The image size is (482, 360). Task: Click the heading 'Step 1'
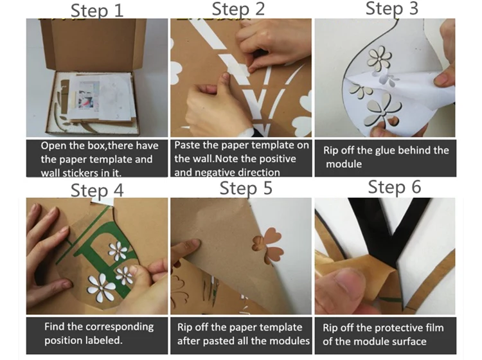click(x=97, y=10)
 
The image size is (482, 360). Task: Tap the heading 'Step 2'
click(x=238, y=9)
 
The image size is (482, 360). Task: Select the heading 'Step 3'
click(x=392, y=8)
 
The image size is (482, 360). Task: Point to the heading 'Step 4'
click(x=97, y=190)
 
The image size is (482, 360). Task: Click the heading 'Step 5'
click(x=246, y=188)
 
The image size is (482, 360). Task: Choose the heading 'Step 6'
click(x=395, y=186)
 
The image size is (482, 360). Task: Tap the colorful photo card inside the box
click(x=88, y=95)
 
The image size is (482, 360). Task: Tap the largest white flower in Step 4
click(x=100, y=287)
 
